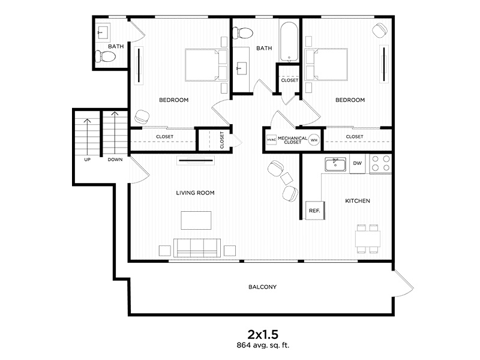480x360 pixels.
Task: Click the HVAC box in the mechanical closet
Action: click(271, 140)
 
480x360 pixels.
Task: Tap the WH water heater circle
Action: click(314, 140)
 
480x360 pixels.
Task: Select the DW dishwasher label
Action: click(357, 163)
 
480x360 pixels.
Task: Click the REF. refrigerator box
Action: click(313, 211)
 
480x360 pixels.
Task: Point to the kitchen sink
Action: click(334, 164)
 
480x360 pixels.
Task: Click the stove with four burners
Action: click(380, 164)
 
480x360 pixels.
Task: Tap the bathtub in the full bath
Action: click(289, 41)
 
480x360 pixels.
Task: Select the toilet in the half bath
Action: click(106, 57)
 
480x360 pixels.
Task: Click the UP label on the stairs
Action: click(87, 160)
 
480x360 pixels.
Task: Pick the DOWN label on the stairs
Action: click(115, 160)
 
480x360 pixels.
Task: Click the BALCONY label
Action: click(262, 287)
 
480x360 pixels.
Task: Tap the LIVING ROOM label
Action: click(195, 193)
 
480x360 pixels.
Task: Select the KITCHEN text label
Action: click(357, 201)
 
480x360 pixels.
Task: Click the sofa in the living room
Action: click(196, 247)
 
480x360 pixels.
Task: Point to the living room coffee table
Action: click(197, 220)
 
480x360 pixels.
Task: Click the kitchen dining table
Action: click(367, 238)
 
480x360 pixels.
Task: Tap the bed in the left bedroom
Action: click(204, 65)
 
